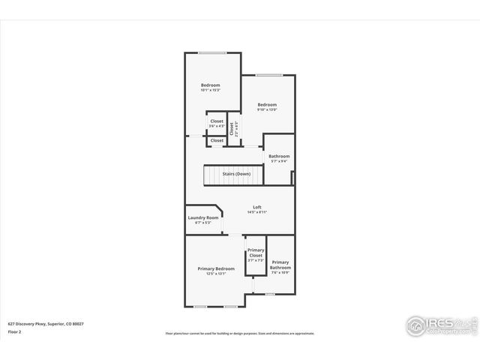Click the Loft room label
(257, 207)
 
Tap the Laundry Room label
(202, 217)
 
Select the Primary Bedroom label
(216, 268)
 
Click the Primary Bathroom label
(280, 265)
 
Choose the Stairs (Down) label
(236, 174)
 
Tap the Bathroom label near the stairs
(279, 156)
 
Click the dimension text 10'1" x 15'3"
(210, 91)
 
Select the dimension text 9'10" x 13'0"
(267, 109)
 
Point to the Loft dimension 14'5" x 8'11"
(257, 212)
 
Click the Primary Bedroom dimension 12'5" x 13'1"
(216, 274)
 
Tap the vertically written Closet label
(232, 127)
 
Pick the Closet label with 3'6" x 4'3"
(216, 121)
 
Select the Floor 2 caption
(15, 331)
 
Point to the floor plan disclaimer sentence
(240, 333)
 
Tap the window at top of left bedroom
(212, 52)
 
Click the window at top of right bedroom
(268, 75)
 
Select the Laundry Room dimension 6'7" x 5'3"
(202, 223)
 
